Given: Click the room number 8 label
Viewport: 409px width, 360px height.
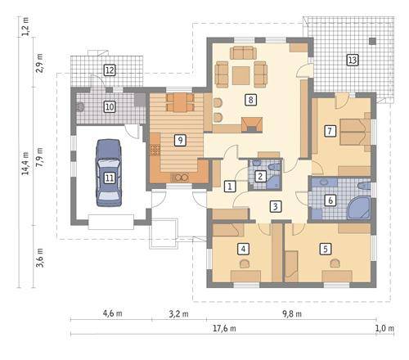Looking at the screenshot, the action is click(x=250, y=100).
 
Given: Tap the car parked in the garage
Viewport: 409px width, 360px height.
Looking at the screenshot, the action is click(x=109, y=173).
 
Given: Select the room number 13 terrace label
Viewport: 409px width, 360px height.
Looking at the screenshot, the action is click(x=353, y=60).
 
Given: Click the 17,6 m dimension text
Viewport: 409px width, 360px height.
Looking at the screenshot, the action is click(x=224, y=328).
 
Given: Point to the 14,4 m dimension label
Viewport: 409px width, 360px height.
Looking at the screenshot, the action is click(x=25, y=164).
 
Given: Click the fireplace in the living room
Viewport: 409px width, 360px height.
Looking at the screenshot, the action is click(x=252, y=125).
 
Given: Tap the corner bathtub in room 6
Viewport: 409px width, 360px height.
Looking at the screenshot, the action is click(x=359, y=208).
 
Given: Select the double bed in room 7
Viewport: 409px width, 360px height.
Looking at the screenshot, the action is click(x=355, y=132).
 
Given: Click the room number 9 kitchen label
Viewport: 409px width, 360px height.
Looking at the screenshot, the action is click(x=180, y=140).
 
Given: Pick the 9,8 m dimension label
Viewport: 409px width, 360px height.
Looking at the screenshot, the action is click(x=292, y=313).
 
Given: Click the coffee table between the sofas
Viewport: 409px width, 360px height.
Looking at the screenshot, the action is click(x=241, y=75).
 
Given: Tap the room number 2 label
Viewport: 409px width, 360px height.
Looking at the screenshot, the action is click(x=260, y=176).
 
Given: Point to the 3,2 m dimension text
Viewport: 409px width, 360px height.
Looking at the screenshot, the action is click(x=178, y=313).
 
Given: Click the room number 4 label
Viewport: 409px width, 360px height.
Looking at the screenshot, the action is click(x=243, y=249).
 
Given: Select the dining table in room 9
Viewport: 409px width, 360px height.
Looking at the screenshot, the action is click(x=180, y=102).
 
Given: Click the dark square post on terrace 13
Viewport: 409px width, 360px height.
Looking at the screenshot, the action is click(x=372, y=41).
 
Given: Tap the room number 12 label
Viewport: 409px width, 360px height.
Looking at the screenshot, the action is click(x=110, y=70).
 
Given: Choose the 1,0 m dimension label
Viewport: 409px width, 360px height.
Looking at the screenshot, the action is click(x=384, y=328).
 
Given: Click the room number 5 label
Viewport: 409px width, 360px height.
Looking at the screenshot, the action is click(x=326, y=249).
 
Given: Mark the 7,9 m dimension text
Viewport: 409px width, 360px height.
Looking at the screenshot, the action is click(x=40, y=158).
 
